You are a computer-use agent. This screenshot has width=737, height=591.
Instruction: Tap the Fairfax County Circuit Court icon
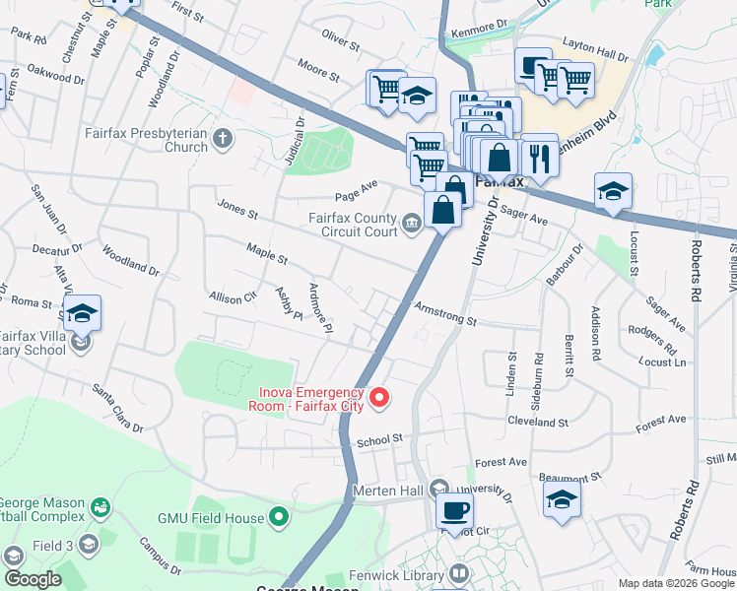point(411,226)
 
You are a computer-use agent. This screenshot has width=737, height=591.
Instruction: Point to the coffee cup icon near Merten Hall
point(454,510)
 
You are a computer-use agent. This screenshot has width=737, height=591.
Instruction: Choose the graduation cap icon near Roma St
point(82,313)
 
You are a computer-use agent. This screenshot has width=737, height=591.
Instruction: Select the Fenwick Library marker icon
point(459,573)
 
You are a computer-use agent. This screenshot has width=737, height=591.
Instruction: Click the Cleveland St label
point(538,421)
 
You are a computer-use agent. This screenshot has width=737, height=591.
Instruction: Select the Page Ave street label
point(356,184)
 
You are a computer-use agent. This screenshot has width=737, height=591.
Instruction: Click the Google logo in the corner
point(32,579)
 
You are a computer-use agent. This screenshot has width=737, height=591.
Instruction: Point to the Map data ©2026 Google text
point(676,583)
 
